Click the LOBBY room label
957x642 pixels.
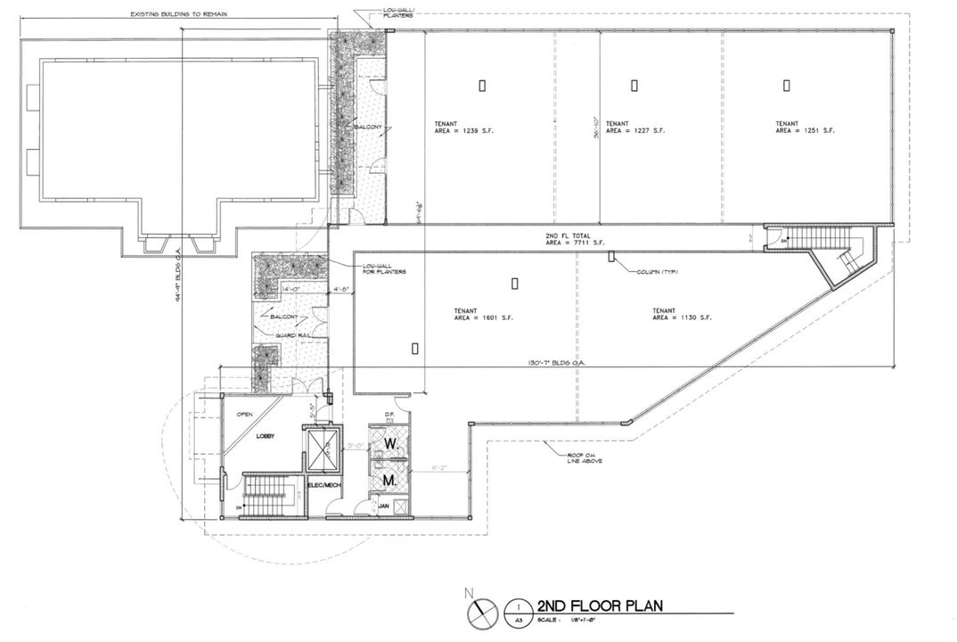(265, 436)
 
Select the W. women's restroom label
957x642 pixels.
(389, 442)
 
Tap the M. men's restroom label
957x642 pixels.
(389, 481)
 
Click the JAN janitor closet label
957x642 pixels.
(384, 506)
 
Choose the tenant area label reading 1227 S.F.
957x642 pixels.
(634, 128)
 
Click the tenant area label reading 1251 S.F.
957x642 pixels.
(805, 128)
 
